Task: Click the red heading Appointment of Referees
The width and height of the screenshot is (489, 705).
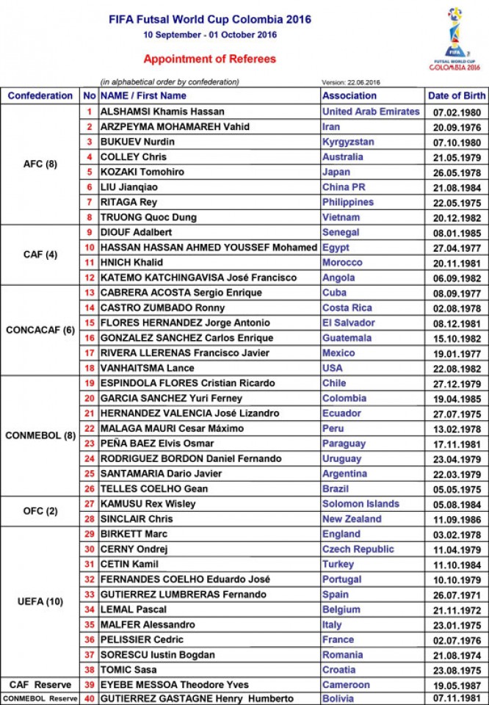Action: (x=209, y=59)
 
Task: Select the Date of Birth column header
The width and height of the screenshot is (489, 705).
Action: (x=456, y=95)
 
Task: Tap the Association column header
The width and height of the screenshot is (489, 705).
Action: (x=349, y=95)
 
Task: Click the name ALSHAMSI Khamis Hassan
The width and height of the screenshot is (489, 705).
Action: (x=162, y=112)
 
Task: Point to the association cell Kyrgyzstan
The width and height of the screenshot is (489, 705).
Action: (x=348, y=142)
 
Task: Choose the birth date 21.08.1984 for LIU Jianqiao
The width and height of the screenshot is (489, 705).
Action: (x=456, y=187)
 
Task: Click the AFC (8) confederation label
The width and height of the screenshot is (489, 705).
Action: (x=40, y=164)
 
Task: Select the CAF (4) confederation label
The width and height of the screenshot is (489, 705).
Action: (x=40, y=255)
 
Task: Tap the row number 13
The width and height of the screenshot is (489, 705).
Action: (x=90, y=293)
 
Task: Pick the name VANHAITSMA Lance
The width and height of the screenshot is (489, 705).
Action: (x=148, y=368)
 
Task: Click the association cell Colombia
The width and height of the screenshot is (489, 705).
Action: (x=344, y=398)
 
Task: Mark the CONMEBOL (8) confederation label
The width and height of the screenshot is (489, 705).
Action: (x=40, y=435)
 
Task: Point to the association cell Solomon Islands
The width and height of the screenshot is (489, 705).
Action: (x=361, y=504)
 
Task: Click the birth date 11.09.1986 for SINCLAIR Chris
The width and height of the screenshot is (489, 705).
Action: (x=456, y=519)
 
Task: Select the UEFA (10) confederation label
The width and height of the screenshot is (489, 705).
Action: (x=40, y=602)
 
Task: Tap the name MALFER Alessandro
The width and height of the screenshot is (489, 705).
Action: (x=148, y=625)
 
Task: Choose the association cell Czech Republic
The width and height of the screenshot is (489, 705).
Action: (x=358, y=549)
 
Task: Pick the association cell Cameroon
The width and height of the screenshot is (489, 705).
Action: (x=347, y=684)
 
